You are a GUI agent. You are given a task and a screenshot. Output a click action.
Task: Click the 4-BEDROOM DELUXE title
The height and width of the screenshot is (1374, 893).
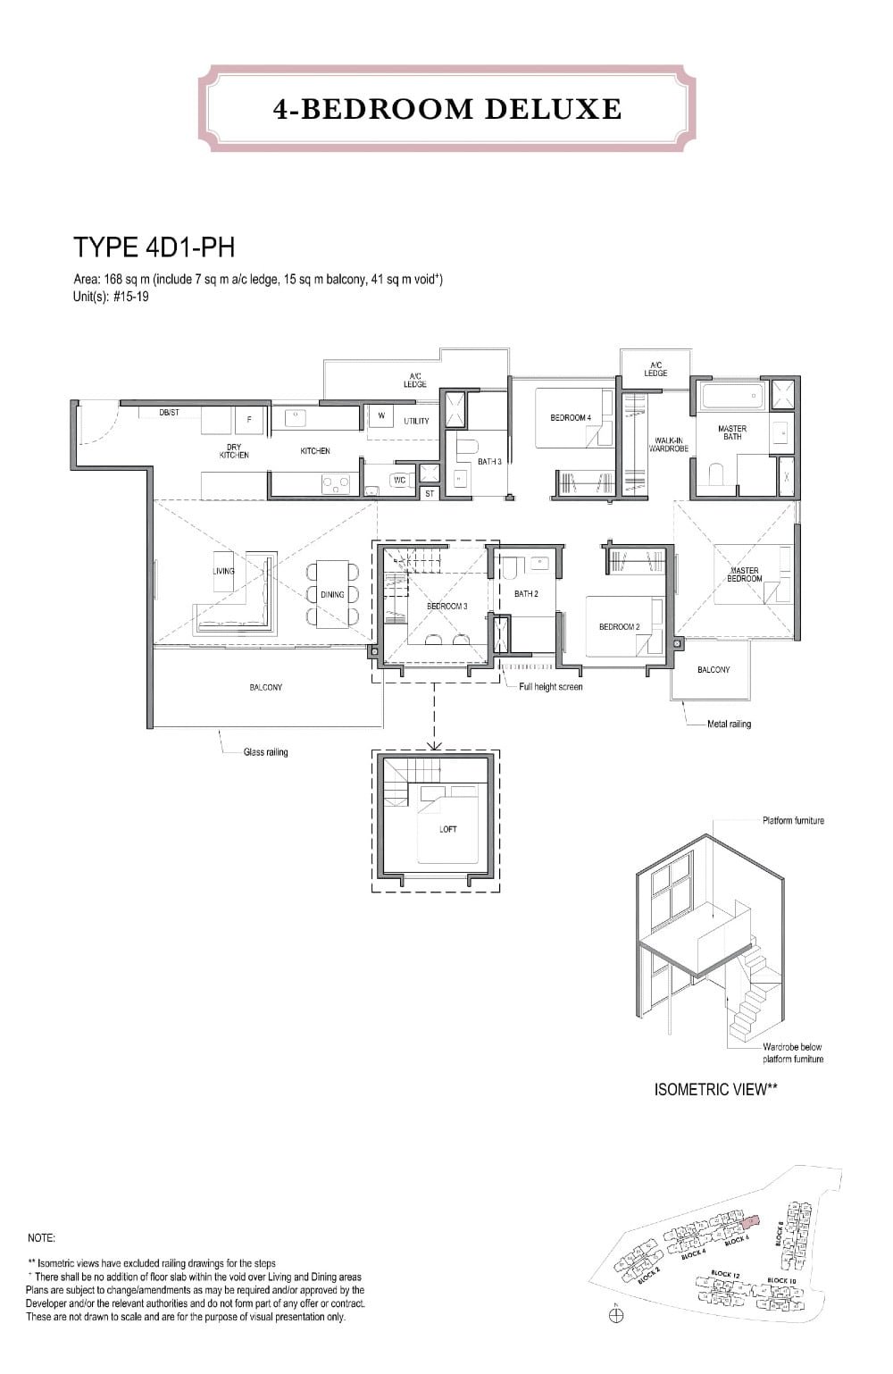point(447,109)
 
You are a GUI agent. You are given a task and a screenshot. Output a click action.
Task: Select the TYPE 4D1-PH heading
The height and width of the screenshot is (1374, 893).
point(154,247)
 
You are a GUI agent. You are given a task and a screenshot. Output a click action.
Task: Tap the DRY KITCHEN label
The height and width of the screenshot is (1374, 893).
point(234,451)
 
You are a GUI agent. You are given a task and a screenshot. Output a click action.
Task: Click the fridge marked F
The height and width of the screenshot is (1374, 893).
point(249,419)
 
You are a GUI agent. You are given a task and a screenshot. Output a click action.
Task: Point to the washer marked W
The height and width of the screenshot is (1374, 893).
point(381,415)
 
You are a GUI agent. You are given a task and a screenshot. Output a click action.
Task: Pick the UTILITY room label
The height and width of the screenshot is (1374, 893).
point(416,421)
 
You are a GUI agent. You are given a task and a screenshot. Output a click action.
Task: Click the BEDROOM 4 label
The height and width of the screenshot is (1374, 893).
point(570,417)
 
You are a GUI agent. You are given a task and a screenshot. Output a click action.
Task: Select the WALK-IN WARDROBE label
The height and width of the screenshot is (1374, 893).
point(668,444)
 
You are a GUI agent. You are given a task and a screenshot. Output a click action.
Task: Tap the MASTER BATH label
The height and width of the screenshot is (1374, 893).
point(732,432)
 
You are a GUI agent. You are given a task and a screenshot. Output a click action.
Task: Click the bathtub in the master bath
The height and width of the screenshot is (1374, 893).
point(731,394)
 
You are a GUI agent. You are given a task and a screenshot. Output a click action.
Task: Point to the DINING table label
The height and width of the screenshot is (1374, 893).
point(332,594)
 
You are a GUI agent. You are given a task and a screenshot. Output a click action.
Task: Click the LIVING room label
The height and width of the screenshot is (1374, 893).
point(223,571)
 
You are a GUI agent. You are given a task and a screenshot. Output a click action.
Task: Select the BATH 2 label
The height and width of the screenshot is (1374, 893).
point(526,593)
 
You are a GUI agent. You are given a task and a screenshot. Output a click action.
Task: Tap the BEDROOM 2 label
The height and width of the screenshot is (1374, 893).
point(619,626)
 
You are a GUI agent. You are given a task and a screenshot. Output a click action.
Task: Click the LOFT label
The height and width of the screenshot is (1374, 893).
point(448,829)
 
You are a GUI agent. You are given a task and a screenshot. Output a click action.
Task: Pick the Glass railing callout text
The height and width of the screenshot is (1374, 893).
point(266,752)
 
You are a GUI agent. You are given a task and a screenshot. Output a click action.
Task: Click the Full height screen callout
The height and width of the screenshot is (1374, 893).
point(551,687)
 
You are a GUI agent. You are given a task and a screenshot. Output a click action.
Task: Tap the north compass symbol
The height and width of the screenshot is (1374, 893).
point(616,1315)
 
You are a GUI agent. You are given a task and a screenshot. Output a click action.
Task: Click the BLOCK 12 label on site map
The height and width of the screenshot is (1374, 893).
point(725,1274)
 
